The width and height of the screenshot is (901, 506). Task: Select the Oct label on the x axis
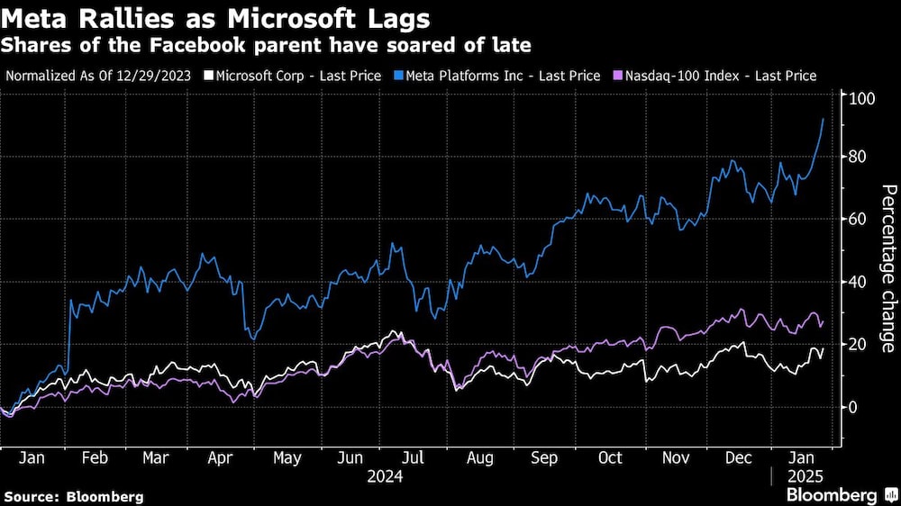click(610, 457)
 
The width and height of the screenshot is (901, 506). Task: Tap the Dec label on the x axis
click(739, 457)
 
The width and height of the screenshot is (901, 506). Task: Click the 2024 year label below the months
click(385, 476)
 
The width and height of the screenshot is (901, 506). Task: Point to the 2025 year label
click(804, 476)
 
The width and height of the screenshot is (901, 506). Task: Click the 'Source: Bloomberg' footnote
click(74, 496)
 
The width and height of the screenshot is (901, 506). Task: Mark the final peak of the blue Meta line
click(823, 119)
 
